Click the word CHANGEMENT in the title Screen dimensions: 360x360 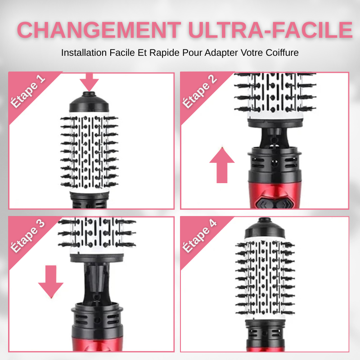(99, 30)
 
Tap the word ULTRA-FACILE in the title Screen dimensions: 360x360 (270, 30)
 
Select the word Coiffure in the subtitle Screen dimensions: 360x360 (282, 53)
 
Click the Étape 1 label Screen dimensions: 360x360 (28, 91)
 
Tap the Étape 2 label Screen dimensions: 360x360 (199, 91)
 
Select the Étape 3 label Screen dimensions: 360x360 (28, 236)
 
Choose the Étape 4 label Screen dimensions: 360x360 (199, 236)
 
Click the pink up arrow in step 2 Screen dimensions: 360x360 (222, 165)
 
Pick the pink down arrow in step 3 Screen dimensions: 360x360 (51, 282)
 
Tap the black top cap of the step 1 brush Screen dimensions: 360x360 (89, 102)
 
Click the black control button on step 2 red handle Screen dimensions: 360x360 (274, 203)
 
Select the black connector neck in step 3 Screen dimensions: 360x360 (97, 283)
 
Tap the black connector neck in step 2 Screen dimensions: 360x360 (274, 138)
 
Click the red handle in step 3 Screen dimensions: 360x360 (97, 344)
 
